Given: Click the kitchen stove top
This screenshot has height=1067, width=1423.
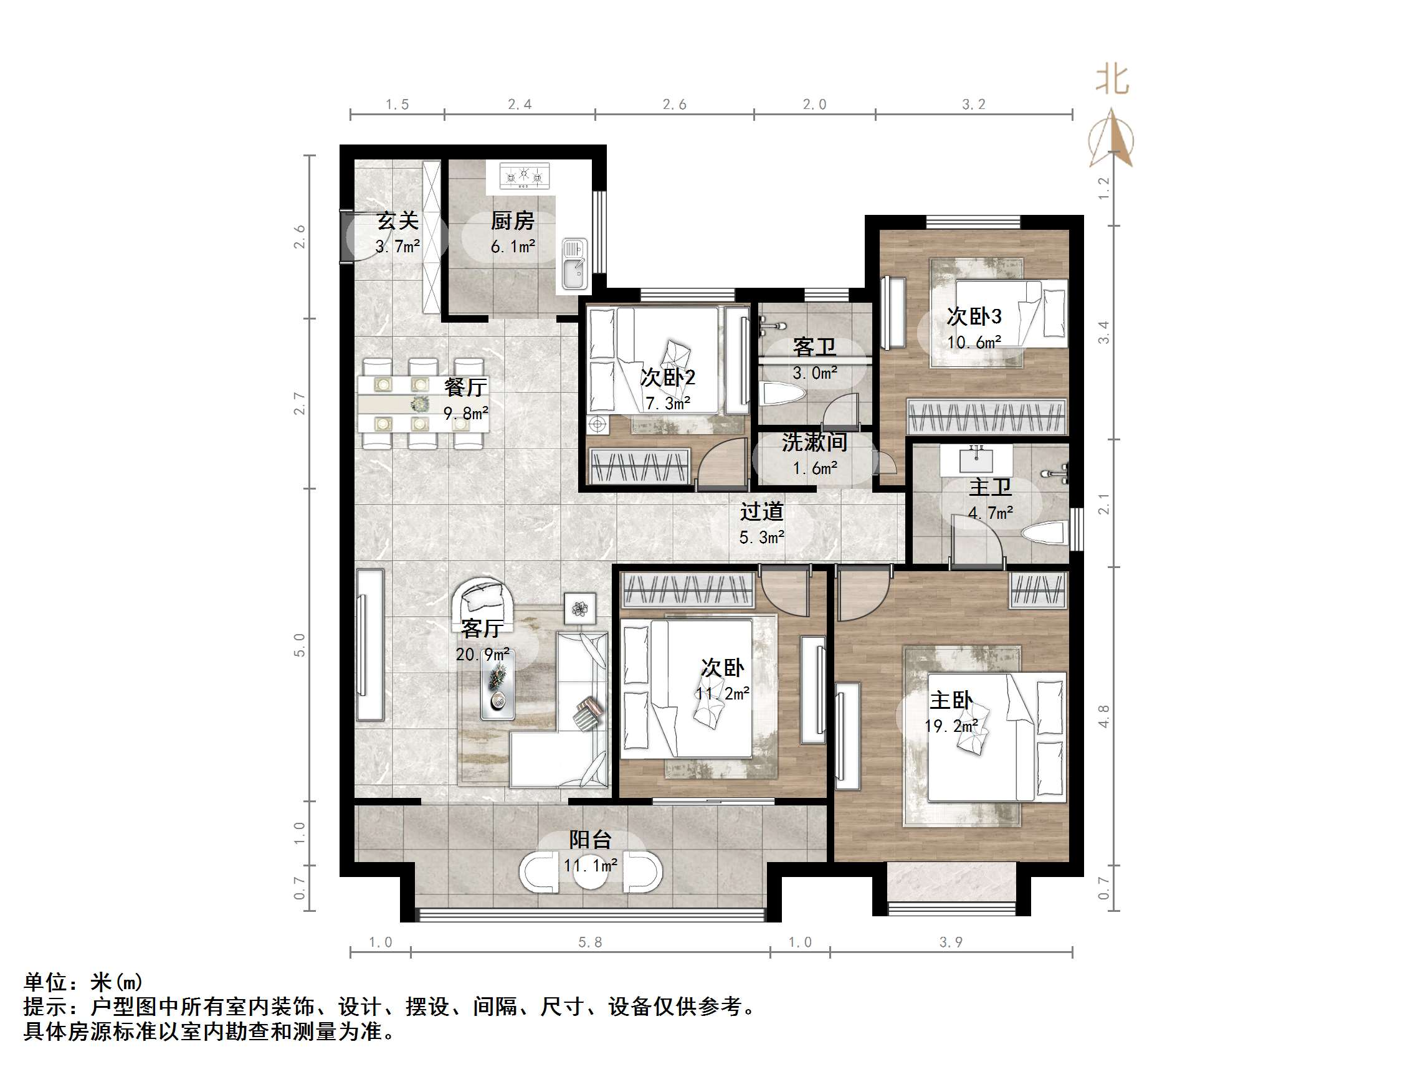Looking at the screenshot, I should [525, 176].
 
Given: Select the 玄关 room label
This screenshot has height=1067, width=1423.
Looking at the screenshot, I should [397, 221].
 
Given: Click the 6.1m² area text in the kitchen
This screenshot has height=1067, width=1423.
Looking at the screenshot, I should [513, 247].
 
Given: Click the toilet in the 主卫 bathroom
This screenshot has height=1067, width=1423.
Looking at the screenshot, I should [1045, 534].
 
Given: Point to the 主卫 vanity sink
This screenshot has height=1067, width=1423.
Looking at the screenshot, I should [976, 459].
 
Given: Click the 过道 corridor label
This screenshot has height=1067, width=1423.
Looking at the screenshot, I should [762, 512].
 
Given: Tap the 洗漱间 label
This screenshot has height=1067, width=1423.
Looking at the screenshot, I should [814, 442].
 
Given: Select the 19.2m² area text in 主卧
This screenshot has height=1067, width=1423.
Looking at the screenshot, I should [951, 726].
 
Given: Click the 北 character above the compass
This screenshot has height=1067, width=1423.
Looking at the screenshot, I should [1112, 80].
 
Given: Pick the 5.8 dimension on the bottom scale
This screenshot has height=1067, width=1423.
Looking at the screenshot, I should [590, 942].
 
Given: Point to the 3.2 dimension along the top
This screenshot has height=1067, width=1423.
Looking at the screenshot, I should [973, 104].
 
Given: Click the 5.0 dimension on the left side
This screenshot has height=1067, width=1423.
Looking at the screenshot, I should [299, 645].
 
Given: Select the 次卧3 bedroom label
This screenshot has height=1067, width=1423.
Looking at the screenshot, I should [973, 316].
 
